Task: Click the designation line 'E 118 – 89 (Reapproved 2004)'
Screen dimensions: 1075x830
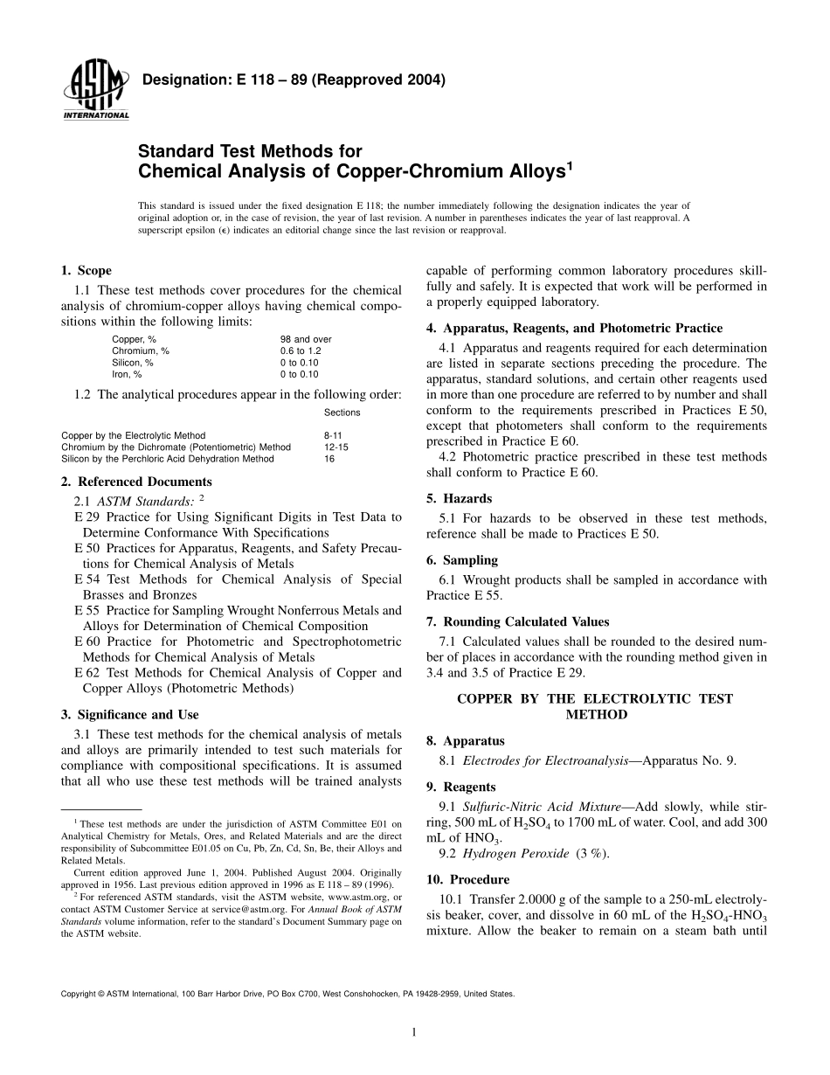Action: (x=294, y=80)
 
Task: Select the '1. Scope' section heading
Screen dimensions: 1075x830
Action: (x=86, y=271)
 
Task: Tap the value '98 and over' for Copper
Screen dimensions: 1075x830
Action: (x=306, y=339)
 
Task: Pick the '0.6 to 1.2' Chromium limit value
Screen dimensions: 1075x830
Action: (x=301, y=350)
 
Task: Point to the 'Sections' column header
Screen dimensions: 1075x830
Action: (x=342, y=413)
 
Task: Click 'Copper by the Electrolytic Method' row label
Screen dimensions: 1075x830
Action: (x=134, y=435)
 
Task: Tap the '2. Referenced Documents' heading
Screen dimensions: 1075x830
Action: (x=135, y=482)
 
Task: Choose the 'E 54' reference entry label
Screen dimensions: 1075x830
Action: (x=86, y=579)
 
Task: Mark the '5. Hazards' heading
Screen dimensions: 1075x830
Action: (x=459, y=498)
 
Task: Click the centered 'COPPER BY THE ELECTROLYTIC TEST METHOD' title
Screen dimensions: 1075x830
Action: (x=596, y=706)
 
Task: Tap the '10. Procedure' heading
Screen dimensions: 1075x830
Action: (x=467, y=879)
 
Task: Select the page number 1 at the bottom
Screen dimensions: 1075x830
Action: (x=414, y=1032)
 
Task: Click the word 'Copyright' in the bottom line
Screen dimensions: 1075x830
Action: (x=80, y=994)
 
